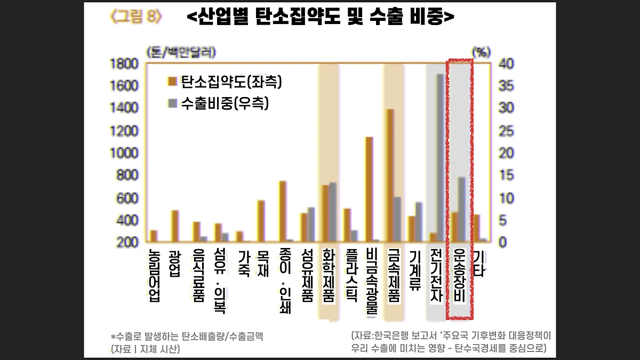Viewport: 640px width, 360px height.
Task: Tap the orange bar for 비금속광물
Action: (x=369, y=189)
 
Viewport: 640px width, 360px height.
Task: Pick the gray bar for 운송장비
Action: (x=462, y=210)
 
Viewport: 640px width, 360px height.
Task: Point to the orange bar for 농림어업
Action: (x=154, y=236)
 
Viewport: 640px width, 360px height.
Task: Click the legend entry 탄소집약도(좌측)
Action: (x=225, y=82)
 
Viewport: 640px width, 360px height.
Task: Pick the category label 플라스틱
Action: (x=350, y=274)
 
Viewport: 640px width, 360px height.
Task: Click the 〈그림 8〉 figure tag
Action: (x=135, y=16)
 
